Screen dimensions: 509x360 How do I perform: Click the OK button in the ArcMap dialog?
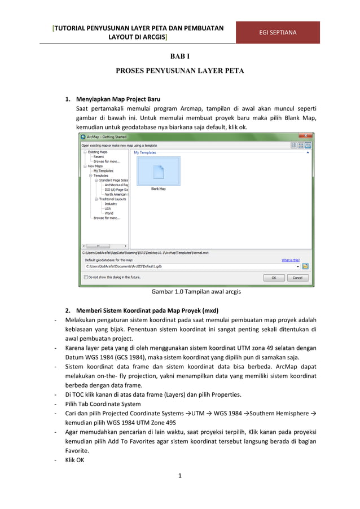[274, 278]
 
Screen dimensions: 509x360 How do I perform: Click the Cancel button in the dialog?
[297, 278]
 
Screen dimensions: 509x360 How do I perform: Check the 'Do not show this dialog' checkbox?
[86, 278]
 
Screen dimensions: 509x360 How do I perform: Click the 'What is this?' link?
[291, 260]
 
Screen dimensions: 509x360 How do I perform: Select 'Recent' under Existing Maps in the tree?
[98, 156]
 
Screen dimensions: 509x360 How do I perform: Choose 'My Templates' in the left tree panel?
[103, 170]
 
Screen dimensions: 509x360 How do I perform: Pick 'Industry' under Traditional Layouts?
[111, 204]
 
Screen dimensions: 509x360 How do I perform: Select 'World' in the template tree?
[109, 213]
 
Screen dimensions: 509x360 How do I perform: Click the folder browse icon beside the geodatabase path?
[305, 266]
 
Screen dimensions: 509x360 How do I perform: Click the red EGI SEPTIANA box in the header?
[278, 32]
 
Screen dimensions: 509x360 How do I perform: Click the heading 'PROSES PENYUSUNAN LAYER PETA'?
[179, 72]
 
